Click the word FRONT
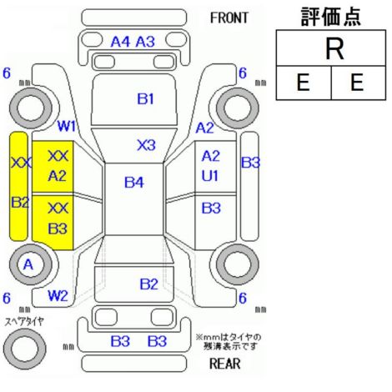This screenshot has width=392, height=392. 229,18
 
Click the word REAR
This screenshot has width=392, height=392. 224,364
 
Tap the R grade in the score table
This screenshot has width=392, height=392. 334,49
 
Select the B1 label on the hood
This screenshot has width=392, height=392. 145,98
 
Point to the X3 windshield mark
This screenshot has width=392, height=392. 146,145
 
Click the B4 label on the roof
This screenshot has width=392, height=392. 134,183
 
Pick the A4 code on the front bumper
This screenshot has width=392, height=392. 120,42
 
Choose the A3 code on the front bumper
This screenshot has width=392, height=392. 145,42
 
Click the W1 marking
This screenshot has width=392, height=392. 67,127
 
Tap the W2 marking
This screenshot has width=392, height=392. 58,296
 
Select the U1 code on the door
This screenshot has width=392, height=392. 210,176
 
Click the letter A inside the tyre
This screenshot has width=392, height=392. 28,264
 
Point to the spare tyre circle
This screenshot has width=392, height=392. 24,349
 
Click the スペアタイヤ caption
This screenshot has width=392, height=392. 24,322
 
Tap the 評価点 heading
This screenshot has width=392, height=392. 331,17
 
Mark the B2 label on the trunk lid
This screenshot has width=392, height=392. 148,284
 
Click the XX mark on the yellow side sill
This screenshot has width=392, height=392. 21,163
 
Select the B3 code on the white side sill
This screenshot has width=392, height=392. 250,163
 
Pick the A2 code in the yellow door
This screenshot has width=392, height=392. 57,176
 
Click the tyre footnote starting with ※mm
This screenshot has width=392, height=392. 229,342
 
